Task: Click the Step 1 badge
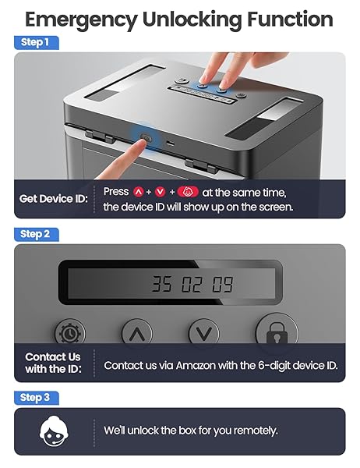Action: [37, 43]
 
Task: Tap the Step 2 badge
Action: [37, 234]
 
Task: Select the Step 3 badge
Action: [37, 398]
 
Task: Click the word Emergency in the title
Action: [81, 20]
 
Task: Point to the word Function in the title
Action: [290, 19]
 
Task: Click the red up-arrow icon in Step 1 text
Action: [139, 192]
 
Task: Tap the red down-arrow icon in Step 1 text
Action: [161, 192]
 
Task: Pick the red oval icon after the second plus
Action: [188, 192]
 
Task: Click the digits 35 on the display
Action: [161, 284]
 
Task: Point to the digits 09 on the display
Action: [223, 284]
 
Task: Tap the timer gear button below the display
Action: [70, 333]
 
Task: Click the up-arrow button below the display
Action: [137, 332]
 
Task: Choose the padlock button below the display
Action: [277, 329]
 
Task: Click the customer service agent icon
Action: [54, 431]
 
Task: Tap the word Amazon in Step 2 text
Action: [196, 366]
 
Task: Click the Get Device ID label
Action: [54, 199]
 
